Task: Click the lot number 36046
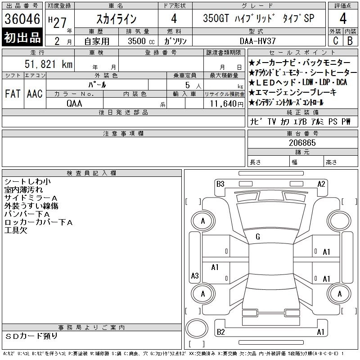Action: tap(22, 19)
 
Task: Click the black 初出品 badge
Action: tap(22, 37)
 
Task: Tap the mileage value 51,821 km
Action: tap(49, 64)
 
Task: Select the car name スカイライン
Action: tap(117, 19)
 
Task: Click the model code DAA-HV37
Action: tap(257, 41)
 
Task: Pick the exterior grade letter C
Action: tap(336, 41)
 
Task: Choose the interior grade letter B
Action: tap(350, 41)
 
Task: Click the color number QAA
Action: tap(74, 103)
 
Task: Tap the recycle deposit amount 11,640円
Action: tap(227, 104)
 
